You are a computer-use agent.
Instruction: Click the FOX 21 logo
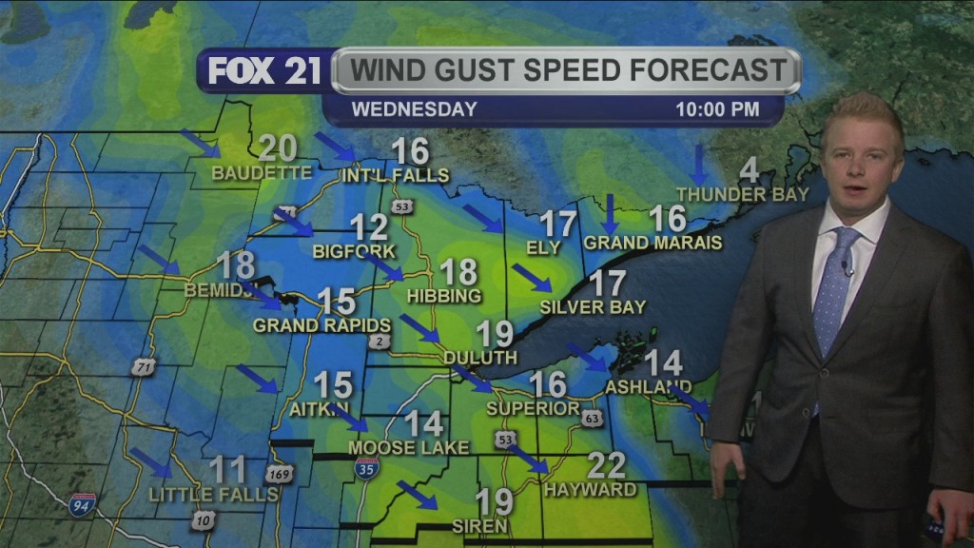[x=264, y=71]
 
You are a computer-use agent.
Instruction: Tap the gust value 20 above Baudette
[x=278, y=149]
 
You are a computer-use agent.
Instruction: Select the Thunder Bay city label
[x=742, y=194]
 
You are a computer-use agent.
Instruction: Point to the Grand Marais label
[x=653, y=243]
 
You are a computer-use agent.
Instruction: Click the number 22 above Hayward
[x=606, y=465]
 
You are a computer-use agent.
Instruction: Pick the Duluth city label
[x=480, y=358]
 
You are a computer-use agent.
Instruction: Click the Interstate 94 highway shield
[x=82, y=503]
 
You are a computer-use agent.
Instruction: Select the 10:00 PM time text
[x=717, y=109]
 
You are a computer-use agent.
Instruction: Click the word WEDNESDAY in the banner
[x=415, y=109]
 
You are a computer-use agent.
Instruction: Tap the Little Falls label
[x=213, y=495]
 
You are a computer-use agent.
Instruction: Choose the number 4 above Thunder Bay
[x=750, y=171]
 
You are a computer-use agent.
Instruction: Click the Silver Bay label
[x=593, y=307]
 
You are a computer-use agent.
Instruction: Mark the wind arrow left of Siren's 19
[x=417, y=495]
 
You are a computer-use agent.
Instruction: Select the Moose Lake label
[x=408, y=447]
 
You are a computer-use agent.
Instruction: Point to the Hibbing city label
[x=444, y=296]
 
